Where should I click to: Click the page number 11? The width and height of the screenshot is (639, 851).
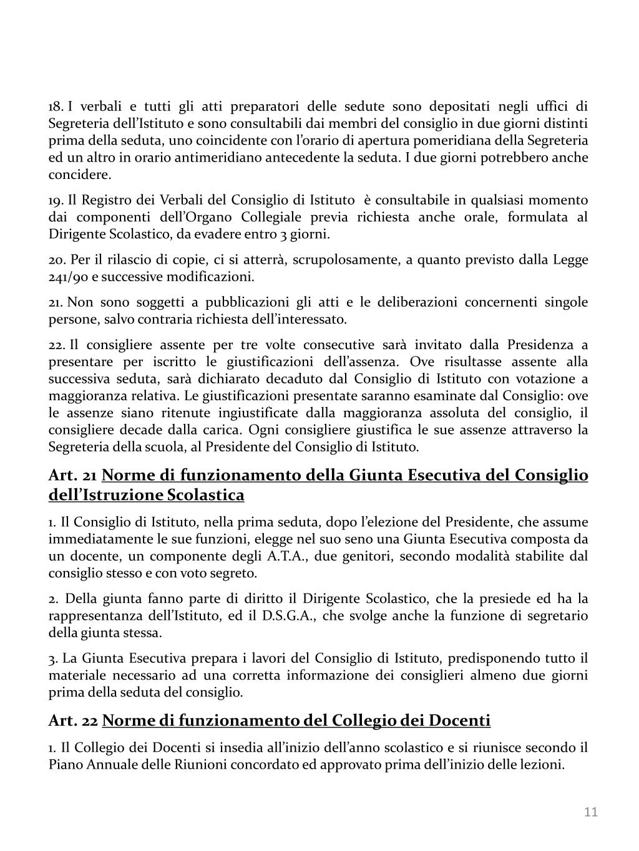pos(591,811)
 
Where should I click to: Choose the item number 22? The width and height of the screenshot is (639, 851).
pos(57,345)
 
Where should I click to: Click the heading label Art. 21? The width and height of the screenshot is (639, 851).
pos(72,476)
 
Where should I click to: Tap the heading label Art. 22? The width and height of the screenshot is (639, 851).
pos(73,721)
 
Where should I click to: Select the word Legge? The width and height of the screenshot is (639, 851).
pos(570,259)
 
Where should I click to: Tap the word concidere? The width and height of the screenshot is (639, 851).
pos(80,174)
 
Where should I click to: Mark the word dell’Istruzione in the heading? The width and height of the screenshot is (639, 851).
pos(105,495)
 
